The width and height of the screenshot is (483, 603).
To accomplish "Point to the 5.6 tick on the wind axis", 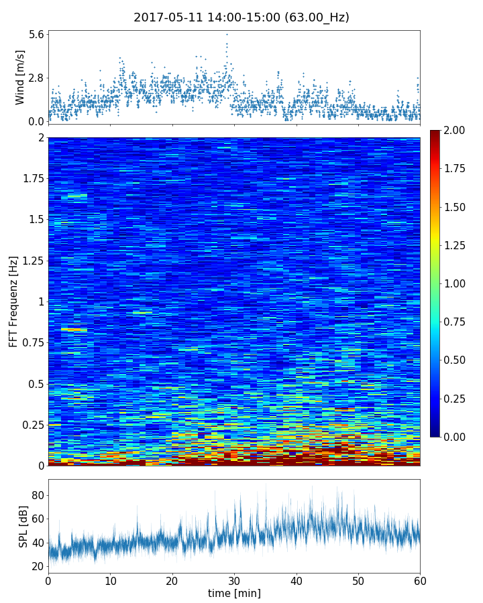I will [x=36, y=34].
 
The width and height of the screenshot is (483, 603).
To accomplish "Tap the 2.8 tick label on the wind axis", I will [x=36, y=78].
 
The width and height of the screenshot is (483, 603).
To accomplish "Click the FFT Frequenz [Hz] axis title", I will [x=13, y=301].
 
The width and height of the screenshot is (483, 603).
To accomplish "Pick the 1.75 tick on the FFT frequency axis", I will [x=32, y=179].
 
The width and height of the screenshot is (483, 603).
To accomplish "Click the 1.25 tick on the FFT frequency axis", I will [x=32, y=261].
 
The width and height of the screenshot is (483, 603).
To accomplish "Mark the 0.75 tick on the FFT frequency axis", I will [x=32, y=343].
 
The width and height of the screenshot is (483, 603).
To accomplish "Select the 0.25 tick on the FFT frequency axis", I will [x=32, y=425].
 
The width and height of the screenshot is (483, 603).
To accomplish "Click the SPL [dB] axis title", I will [x=23, y=525].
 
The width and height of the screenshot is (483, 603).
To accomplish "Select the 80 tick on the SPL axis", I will [x=38, y=496].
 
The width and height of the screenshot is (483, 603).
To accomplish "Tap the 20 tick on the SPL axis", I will [x=38, y=566].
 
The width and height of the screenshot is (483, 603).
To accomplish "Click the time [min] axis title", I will [x=234, y=593].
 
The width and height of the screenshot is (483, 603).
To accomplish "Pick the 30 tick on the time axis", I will [x=234, y=580].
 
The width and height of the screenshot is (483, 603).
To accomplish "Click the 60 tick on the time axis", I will [x=420, y=580].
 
